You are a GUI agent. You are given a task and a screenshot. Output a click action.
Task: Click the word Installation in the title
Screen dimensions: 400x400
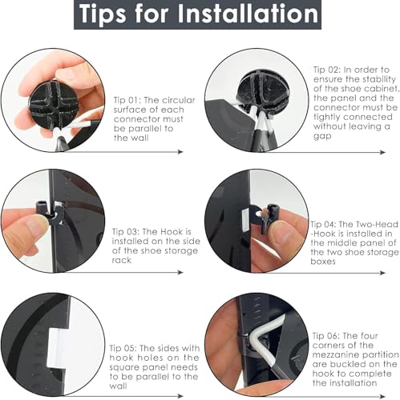click(248, 14)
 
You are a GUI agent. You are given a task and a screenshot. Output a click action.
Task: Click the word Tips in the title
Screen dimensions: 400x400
click(103, 14)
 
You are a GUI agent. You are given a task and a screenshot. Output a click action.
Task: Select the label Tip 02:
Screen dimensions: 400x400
click(327, 70)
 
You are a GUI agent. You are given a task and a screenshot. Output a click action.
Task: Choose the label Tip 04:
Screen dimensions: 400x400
click(323, 225)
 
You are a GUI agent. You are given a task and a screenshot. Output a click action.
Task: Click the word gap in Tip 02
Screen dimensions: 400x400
click(322, 136)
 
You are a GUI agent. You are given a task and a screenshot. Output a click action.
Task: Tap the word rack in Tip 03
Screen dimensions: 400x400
click(122, 260)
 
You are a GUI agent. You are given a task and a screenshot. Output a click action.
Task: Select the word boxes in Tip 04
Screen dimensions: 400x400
click(323, 262)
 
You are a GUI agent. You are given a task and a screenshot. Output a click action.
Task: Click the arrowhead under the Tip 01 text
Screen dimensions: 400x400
click(180, 152)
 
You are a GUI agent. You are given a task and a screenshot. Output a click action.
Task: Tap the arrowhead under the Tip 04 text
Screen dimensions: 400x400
click(382, 273)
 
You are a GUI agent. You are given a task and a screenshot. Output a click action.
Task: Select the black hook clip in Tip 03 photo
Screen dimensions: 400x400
click(51, 213)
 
